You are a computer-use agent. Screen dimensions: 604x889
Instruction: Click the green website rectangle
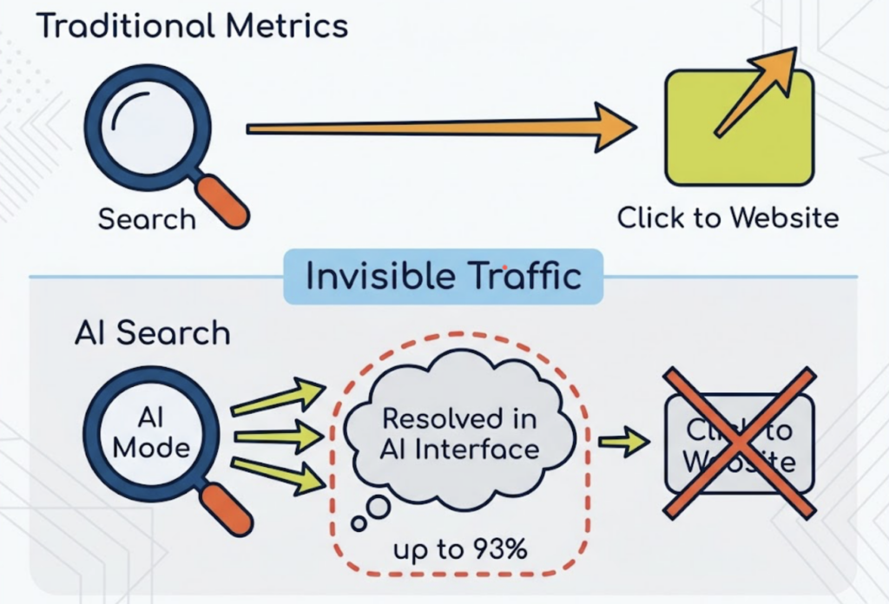tap(739, 130)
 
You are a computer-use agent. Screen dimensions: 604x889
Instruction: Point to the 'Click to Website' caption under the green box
tap(728, 217)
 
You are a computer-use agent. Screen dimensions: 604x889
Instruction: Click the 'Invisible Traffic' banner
tap(443, 276)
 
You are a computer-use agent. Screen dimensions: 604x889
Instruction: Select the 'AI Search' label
tap(152, 333)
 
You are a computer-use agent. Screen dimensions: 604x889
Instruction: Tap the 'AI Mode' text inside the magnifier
tap(150, 434)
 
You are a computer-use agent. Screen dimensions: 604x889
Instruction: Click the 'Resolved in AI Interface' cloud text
tap(460, 433)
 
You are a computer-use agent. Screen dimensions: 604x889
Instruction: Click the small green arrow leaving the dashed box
tap(623, 442)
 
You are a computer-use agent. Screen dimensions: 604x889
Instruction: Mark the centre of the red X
tap(739, 443)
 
